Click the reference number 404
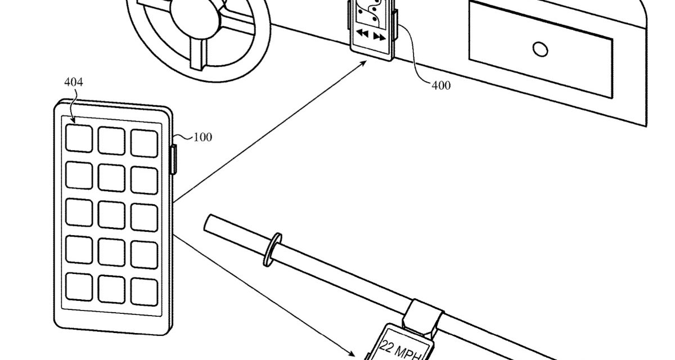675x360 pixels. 73,83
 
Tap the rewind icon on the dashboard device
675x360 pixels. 363,35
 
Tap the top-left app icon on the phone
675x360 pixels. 79,138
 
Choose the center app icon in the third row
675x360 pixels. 111,213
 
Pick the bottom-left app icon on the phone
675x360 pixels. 79,286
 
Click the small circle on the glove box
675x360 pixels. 540,49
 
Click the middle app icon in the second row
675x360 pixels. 111,176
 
